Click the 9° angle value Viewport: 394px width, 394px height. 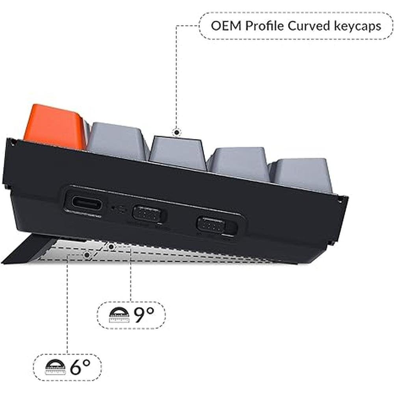pyautogui.click(x=144, y=315)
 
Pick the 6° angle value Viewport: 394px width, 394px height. pyautogui.click(x=80, y=367)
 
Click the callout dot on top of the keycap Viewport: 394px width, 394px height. pyautogui.click(x=177, y=132)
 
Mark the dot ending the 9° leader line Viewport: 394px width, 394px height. pyautogui.click(x=112, y=247)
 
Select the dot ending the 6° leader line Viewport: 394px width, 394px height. pyautogui.click(x=87, y=255)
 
